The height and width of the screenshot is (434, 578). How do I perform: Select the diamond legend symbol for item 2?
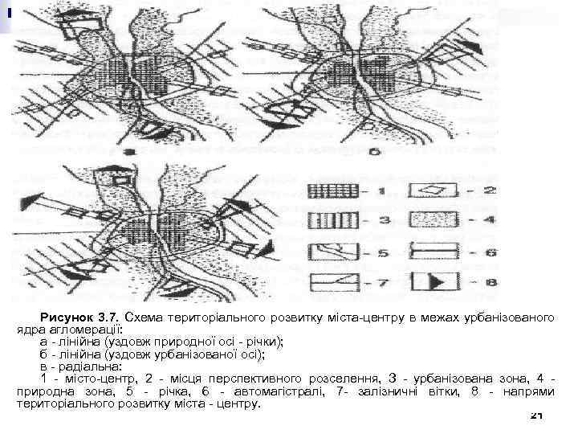tap(434, 190)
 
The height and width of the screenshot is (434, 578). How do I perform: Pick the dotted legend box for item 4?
tap(434, 219)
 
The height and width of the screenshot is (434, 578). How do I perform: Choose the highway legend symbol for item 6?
tap(434, 252)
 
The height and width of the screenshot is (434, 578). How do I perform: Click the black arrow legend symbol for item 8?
tap(434, 283)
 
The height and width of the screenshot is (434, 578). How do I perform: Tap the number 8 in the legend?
tap(490, 283)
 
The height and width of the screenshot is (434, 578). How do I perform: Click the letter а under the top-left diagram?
tap(128, 151)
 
